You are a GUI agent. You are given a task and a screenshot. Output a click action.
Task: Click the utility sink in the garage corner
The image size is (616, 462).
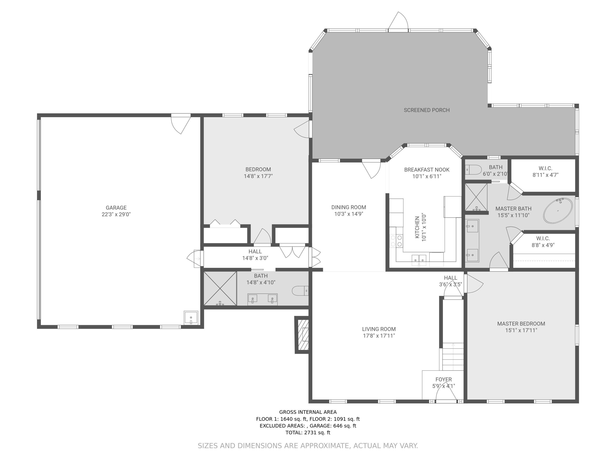191,318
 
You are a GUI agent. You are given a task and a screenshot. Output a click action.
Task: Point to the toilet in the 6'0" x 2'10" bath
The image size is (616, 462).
474,169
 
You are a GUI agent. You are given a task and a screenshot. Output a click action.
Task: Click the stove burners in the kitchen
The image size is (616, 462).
396,241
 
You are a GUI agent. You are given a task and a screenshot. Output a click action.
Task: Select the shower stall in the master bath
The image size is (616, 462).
476,197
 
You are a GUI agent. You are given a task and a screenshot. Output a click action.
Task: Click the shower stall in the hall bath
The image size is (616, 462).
220,288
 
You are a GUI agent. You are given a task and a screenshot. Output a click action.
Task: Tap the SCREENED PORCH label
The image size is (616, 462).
427,110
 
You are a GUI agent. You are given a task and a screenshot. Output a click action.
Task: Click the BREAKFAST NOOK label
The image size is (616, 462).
427,170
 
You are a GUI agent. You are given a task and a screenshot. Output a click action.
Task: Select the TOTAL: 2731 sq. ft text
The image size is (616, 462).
308,432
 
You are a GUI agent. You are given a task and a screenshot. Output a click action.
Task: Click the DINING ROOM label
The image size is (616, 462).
348,207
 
